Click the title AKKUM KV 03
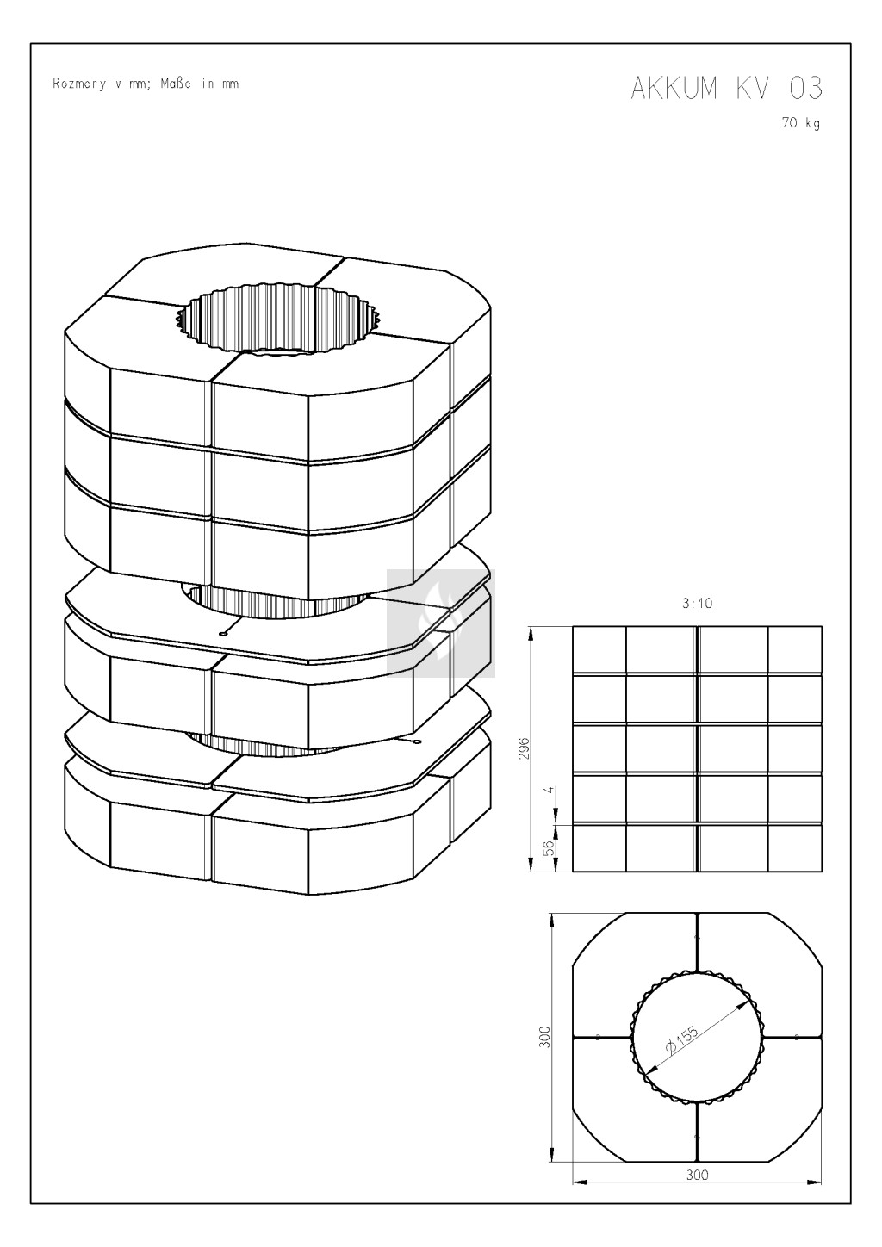(x=727, y=88)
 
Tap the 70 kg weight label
(x=801, y=123)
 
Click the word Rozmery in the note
(x=79, y=84)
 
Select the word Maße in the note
(x=176, y=84)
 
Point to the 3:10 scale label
(x=697, y=603)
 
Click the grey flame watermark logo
(x=441, y=623)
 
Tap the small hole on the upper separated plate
(x=223, y=633)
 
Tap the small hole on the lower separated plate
(x=418, y=741)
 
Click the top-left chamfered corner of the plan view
(x=599, y=940)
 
